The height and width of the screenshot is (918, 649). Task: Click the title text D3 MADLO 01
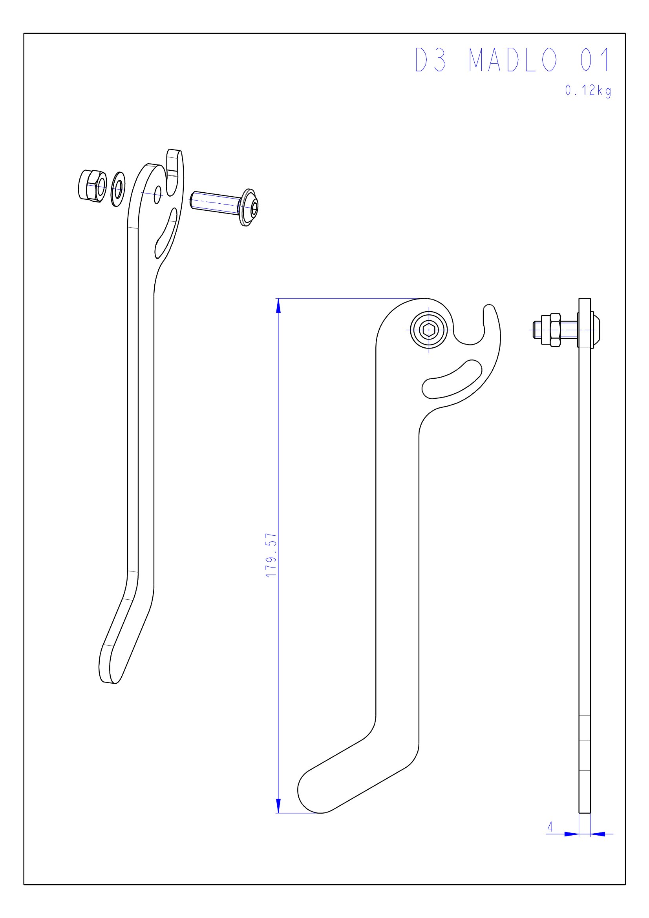[513, 60]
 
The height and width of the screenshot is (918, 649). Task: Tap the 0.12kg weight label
[588, 91]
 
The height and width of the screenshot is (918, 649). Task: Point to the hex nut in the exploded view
[92, 185]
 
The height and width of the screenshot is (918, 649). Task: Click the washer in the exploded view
[118, 189]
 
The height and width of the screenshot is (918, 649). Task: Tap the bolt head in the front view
[429, 330]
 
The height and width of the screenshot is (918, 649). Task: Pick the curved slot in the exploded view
[165, 234]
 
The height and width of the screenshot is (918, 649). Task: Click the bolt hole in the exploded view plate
[157, 194]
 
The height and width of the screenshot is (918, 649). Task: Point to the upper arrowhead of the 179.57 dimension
[278, 306]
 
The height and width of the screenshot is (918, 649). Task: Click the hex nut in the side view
[555, 330]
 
